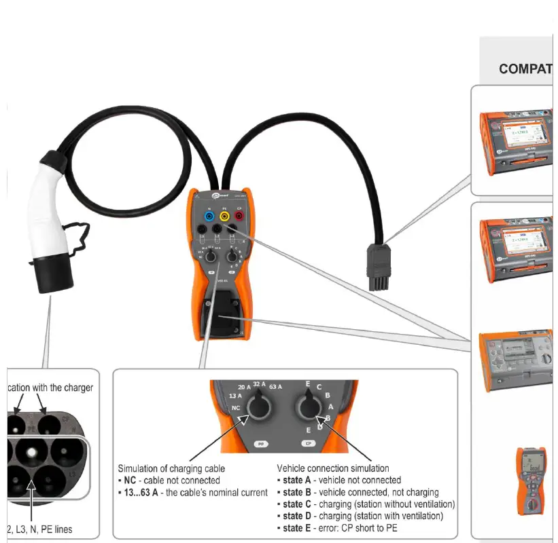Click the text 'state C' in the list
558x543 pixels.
(298, 504)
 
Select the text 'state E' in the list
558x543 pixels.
(298, 528)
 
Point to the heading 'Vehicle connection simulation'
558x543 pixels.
(333, 468)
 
